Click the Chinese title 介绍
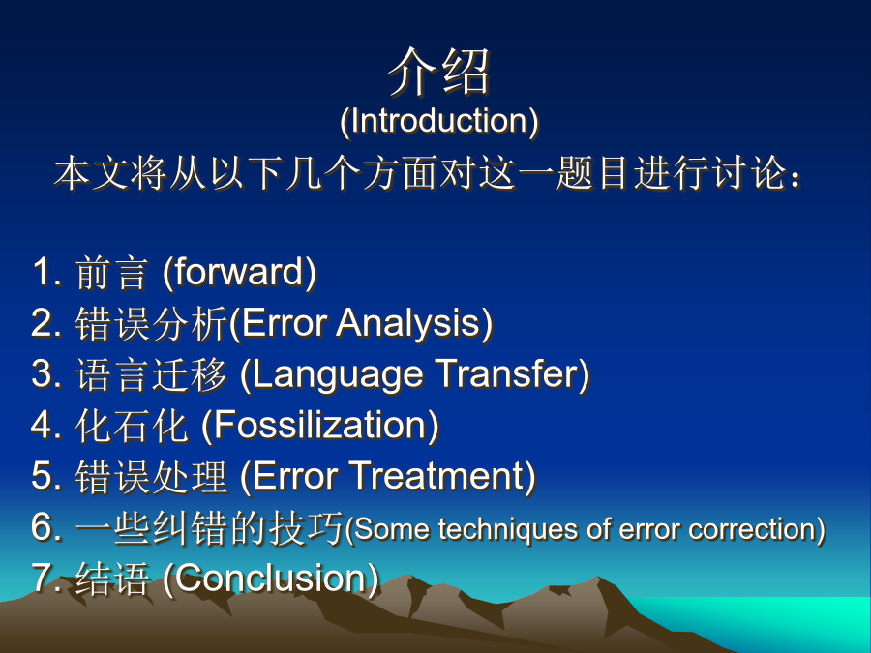pyautogui.click(x=438, y=72)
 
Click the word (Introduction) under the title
pyautogui.click(x=438, y=121)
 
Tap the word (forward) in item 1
pyautogui.click(x=239, y=272)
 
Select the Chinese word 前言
pyautogui.click(x=112, y=273)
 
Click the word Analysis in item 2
pyautogui.click(x=413, y=323)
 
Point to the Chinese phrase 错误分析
pyautogui.click(x=152, y=324)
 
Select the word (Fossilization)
pyautogui.click(x=320, y=426)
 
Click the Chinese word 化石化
pyautogui.click(x=132, y=426)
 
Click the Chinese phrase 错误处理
pyautogui.click(x=151, y=477)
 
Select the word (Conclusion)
pyautogui.click(x=271, y=579)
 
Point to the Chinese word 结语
pyautogui.click(x=112, y=579)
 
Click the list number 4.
pyautogui.click(x=43, y=426)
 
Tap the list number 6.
pyautogui.click(x=43, y=528)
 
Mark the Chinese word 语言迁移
pyautogui.click(x=151, y=374)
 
